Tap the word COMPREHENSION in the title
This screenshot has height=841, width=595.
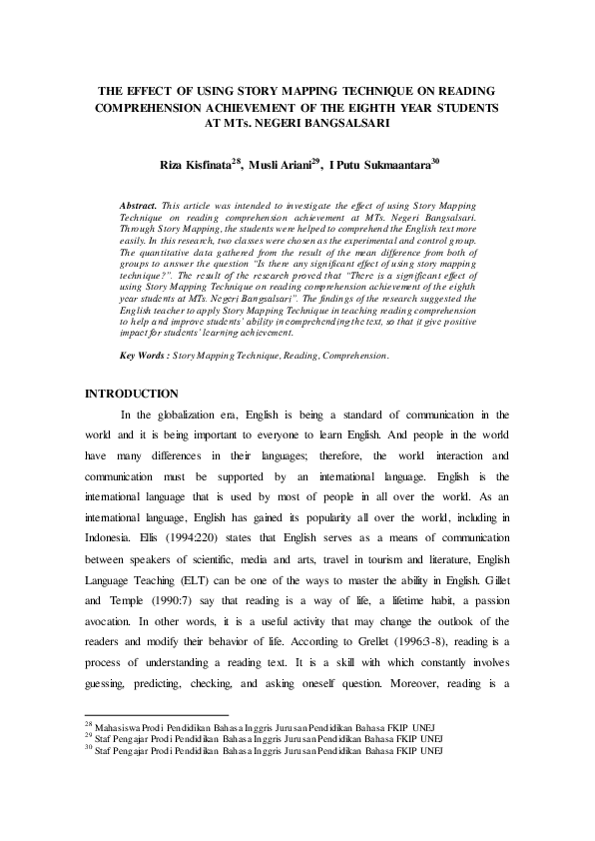click(162, 107)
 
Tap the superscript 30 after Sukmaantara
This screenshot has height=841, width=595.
click(435, 160)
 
